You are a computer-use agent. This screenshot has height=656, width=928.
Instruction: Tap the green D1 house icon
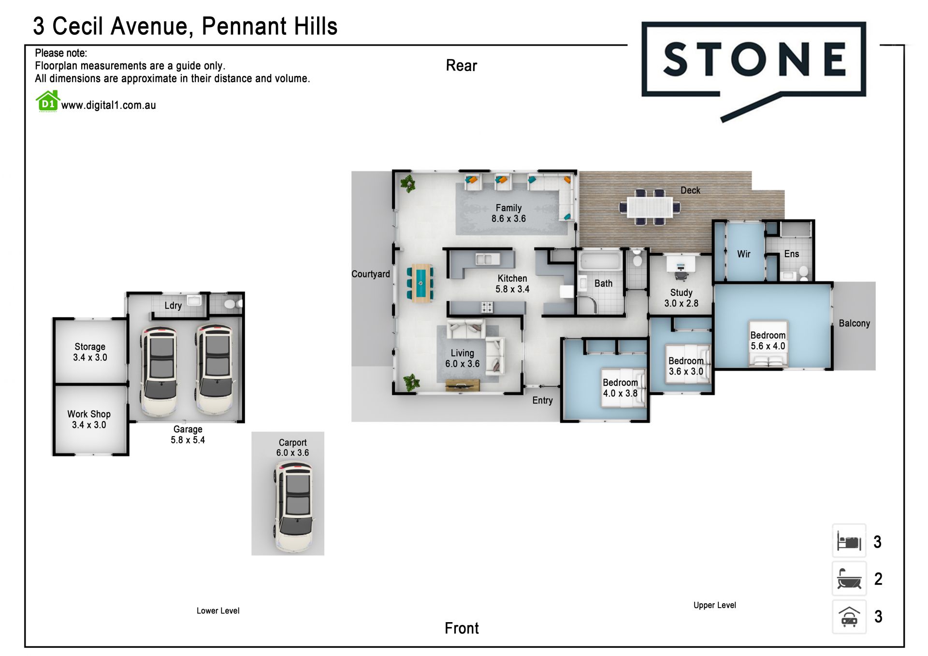(48, 102)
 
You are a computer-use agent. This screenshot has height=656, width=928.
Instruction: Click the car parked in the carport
(294, 506)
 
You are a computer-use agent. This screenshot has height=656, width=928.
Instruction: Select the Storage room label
(90, 347)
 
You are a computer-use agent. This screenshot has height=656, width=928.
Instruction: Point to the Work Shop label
(89, 414)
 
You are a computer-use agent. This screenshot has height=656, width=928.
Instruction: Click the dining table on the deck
(650, 207)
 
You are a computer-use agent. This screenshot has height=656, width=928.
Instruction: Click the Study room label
(681, 292)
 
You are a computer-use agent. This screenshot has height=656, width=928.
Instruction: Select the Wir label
(744, 254)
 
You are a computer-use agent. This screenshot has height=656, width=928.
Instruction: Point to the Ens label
(792, 254)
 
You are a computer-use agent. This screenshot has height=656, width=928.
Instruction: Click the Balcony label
(855, 323)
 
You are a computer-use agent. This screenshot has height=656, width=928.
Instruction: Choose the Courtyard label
(371, 274)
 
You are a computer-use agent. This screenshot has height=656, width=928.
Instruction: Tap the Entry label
(542, 400)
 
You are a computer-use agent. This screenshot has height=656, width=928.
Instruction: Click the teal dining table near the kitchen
(420, 283)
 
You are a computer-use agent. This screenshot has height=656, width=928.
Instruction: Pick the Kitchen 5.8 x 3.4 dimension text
(512, 289)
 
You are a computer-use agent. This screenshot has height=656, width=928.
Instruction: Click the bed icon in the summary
(849, 541)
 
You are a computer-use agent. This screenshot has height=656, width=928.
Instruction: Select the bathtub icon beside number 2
(849, 579)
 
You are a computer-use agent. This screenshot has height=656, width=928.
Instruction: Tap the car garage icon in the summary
(849, 616)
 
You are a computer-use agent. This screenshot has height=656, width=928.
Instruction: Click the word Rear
(462, 66)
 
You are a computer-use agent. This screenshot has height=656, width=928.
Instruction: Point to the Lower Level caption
(218, 611)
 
